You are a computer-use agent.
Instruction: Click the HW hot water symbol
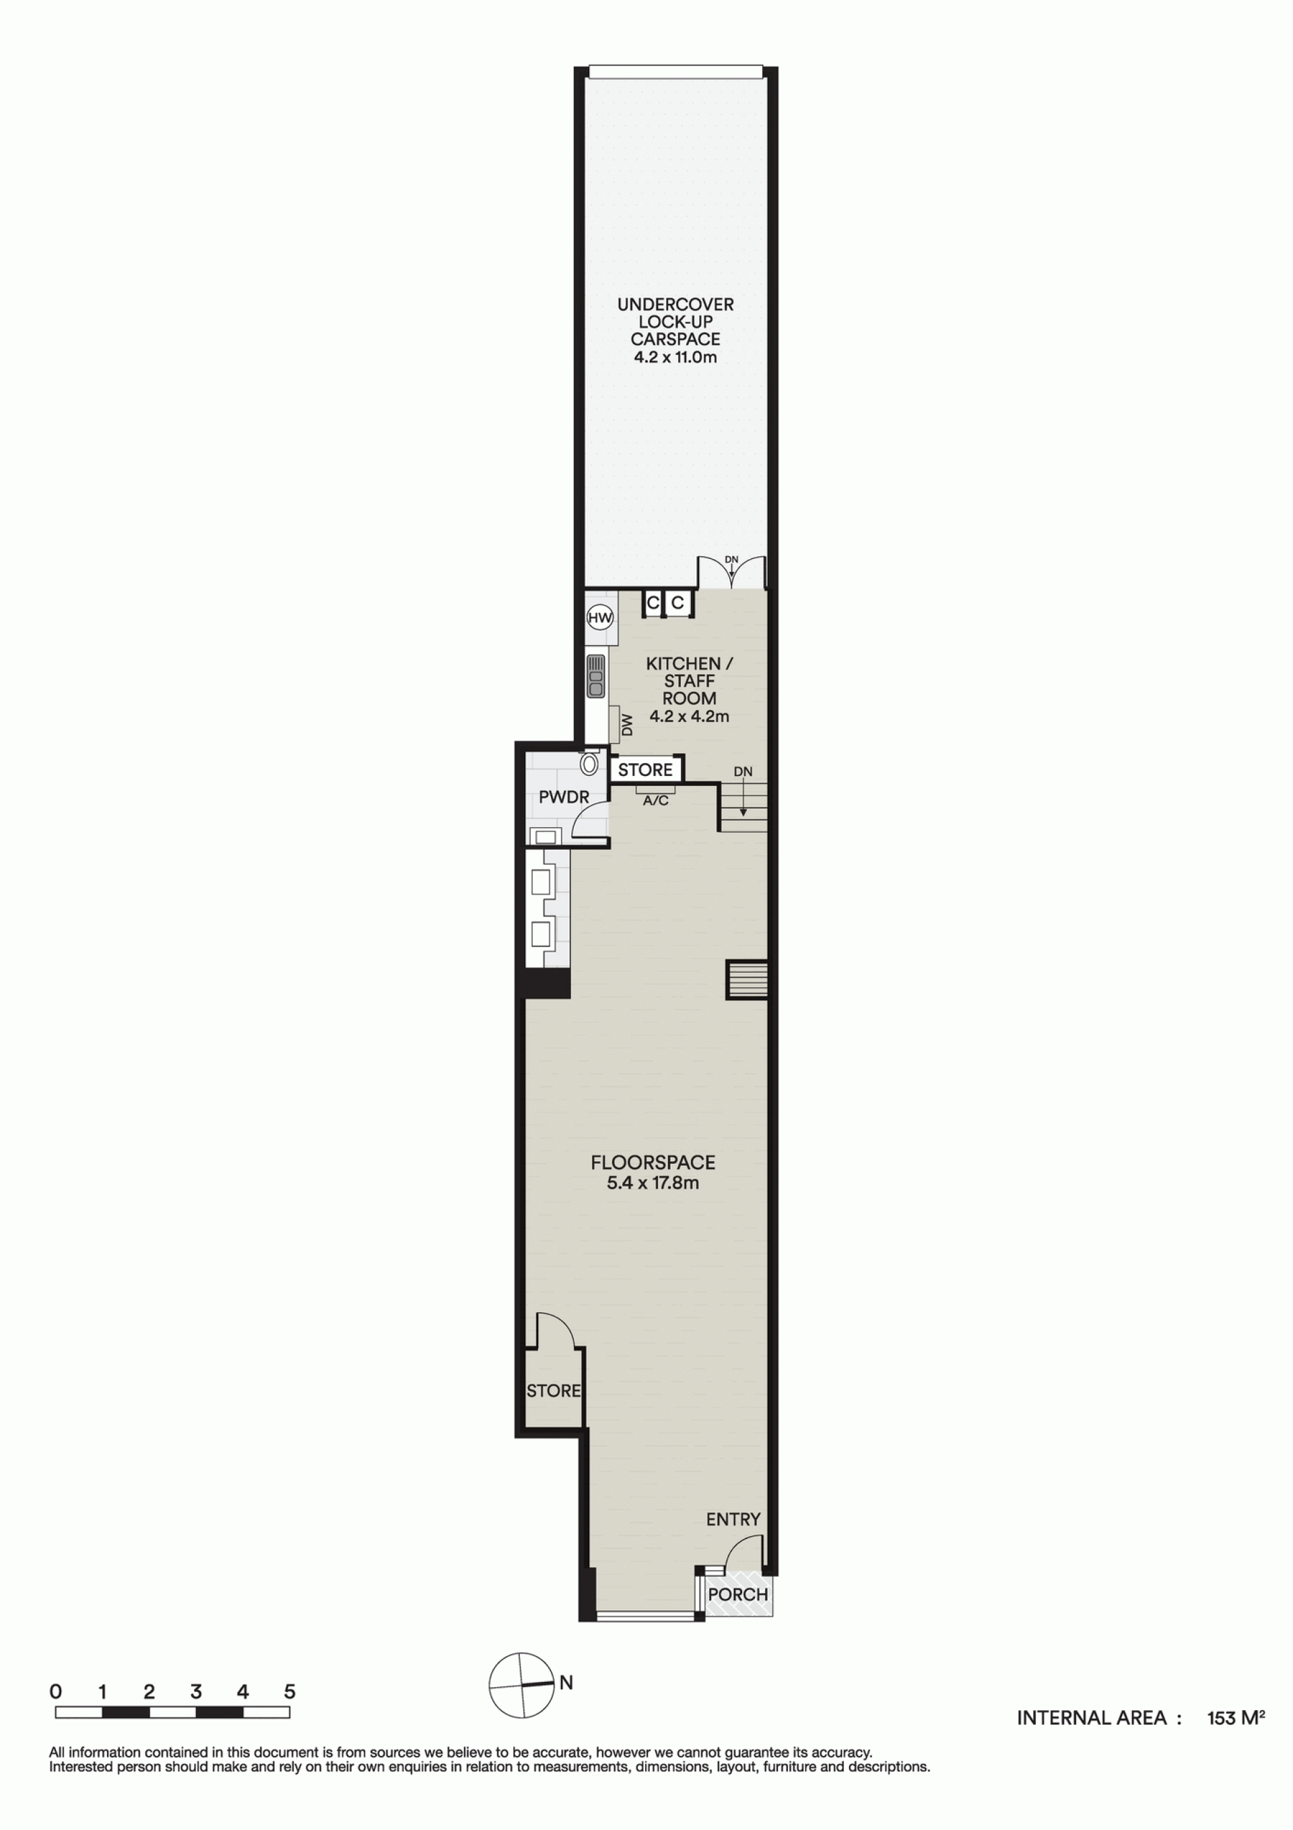click(599, 617)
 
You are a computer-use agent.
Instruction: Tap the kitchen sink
click(595, 675)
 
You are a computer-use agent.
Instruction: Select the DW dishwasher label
click(626, 725)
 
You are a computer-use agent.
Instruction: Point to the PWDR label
click(564, 796)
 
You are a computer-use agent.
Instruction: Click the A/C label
click(655, 800)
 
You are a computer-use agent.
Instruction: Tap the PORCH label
click(737, 1594)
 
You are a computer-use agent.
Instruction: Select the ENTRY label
click(733, 1519)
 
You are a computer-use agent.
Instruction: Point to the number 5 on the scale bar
click(290, 1691)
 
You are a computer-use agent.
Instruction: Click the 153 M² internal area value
click(1236, 1717)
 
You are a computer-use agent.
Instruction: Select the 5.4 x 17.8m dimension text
click(653, 1182)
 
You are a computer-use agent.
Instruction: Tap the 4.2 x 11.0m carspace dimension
click(675, 357)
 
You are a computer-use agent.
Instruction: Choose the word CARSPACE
click(675, 339)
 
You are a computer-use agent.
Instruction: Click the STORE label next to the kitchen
click(645, 770)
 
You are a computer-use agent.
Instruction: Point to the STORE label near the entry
click(554, 1391)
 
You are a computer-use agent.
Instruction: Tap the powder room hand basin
click(545, 836)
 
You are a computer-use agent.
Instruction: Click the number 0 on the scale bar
click(56, 1691)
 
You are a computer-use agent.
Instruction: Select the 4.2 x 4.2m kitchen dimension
click(689, 716)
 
